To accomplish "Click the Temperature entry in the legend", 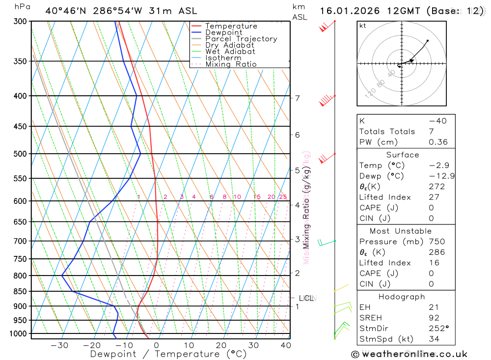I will (x=231, y=26).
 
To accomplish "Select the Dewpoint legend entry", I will (x=224, y=32).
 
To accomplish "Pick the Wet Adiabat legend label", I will (x=230, y=52).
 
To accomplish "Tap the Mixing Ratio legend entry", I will (x=231, y=64).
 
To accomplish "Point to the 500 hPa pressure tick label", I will (x=20, y=154).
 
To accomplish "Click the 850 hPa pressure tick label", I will (x=20, y=291).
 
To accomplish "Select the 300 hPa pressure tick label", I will (x=20, y=22).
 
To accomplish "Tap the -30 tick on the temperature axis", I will (x=59, y=345).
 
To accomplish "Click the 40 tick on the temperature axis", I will (x=285, y=345).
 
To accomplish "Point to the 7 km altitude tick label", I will (x=298, y=98).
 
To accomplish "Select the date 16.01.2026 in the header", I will (x=346, y=11).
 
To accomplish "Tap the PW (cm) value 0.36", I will (x=438, y=142).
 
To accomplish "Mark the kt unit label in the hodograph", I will (x=363, y=26).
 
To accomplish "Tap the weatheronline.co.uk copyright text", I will (x=409, y=354).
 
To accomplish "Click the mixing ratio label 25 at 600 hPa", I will (x=283, y=197).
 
